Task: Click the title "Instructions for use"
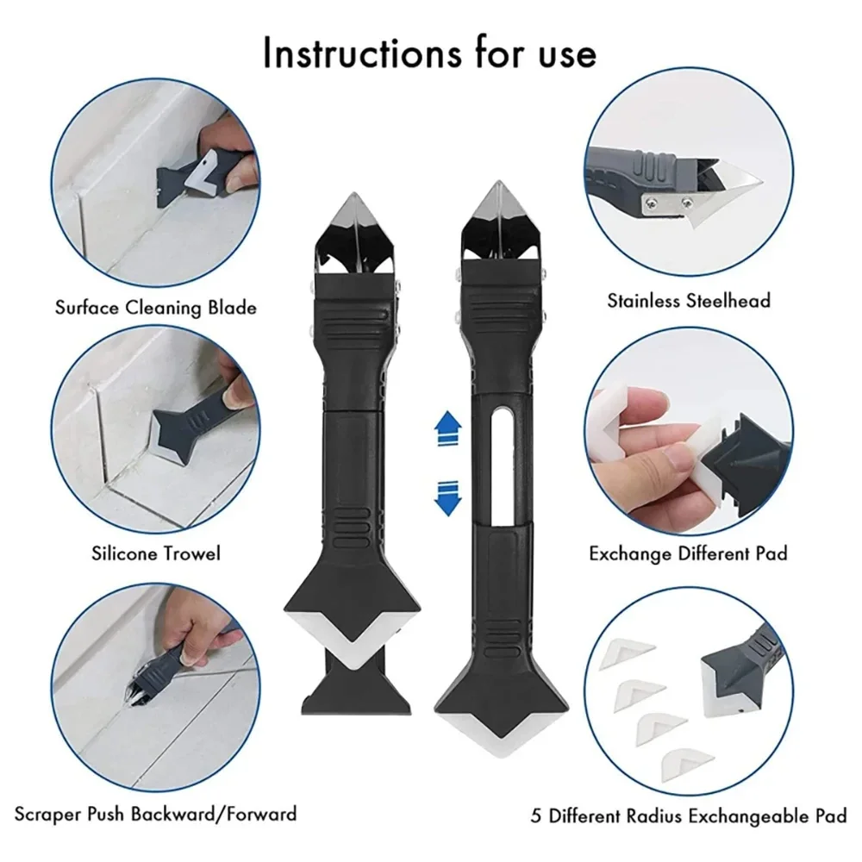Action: (429, 53)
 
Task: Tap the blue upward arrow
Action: (445, 428)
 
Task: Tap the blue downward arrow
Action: (445, 497)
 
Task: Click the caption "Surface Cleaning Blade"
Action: (155, 307)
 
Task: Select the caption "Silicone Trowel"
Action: (156, 553)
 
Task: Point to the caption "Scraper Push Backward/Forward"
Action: (155, 813)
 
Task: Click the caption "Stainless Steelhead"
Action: (689, 301)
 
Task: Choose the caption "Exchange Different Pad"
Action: (688, 553)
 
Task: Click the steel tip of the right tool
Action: (495, 215)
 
